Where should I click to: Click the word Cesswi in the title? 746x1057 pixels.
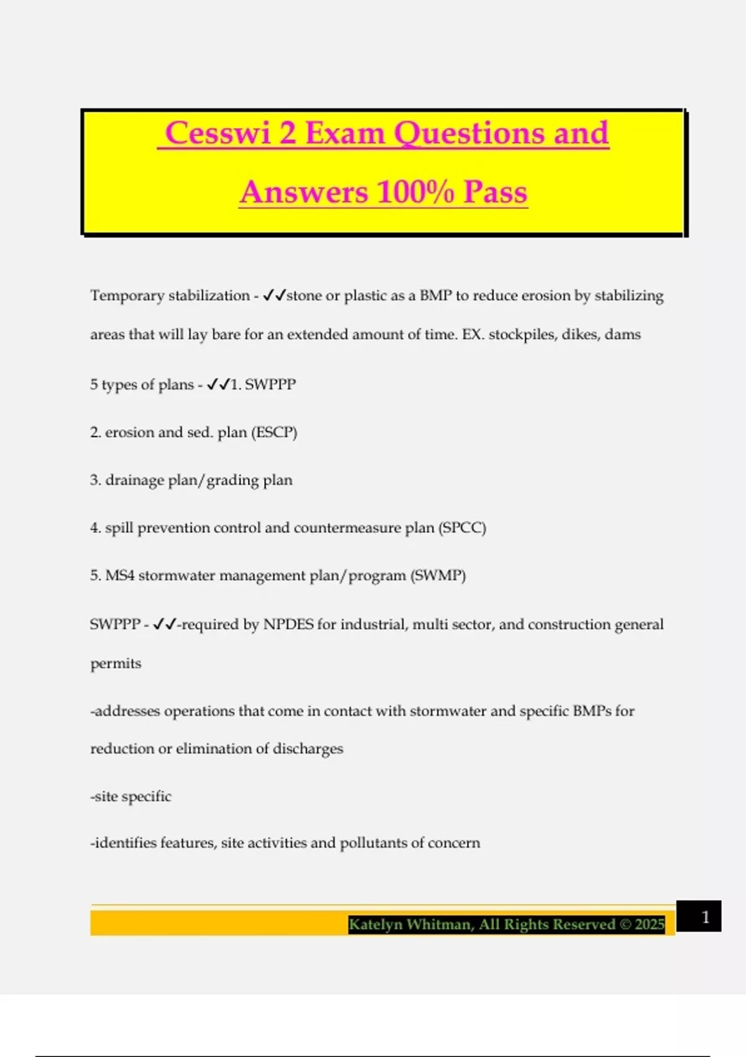218,133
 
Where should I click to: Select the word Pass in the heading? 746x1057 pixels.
495,192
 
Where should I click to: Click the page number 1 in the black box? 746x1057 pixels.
705,916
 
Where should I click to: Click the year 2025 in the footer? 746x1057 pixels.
650,925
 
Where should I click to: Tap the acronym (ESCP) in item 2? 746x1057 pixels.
274,432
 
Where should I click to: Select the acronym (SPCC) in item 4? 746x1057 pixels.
462,528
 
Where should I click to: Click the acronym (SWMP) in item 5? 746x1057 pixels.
438,575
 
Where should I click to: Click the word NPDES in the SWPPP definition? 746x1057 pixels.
288,624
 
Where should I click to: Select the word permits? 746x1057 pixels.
116,663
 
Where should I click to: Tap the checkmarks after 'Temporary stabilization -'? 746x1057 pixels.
274,295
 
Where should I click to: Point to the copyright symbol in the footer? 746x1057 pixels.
624,925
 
